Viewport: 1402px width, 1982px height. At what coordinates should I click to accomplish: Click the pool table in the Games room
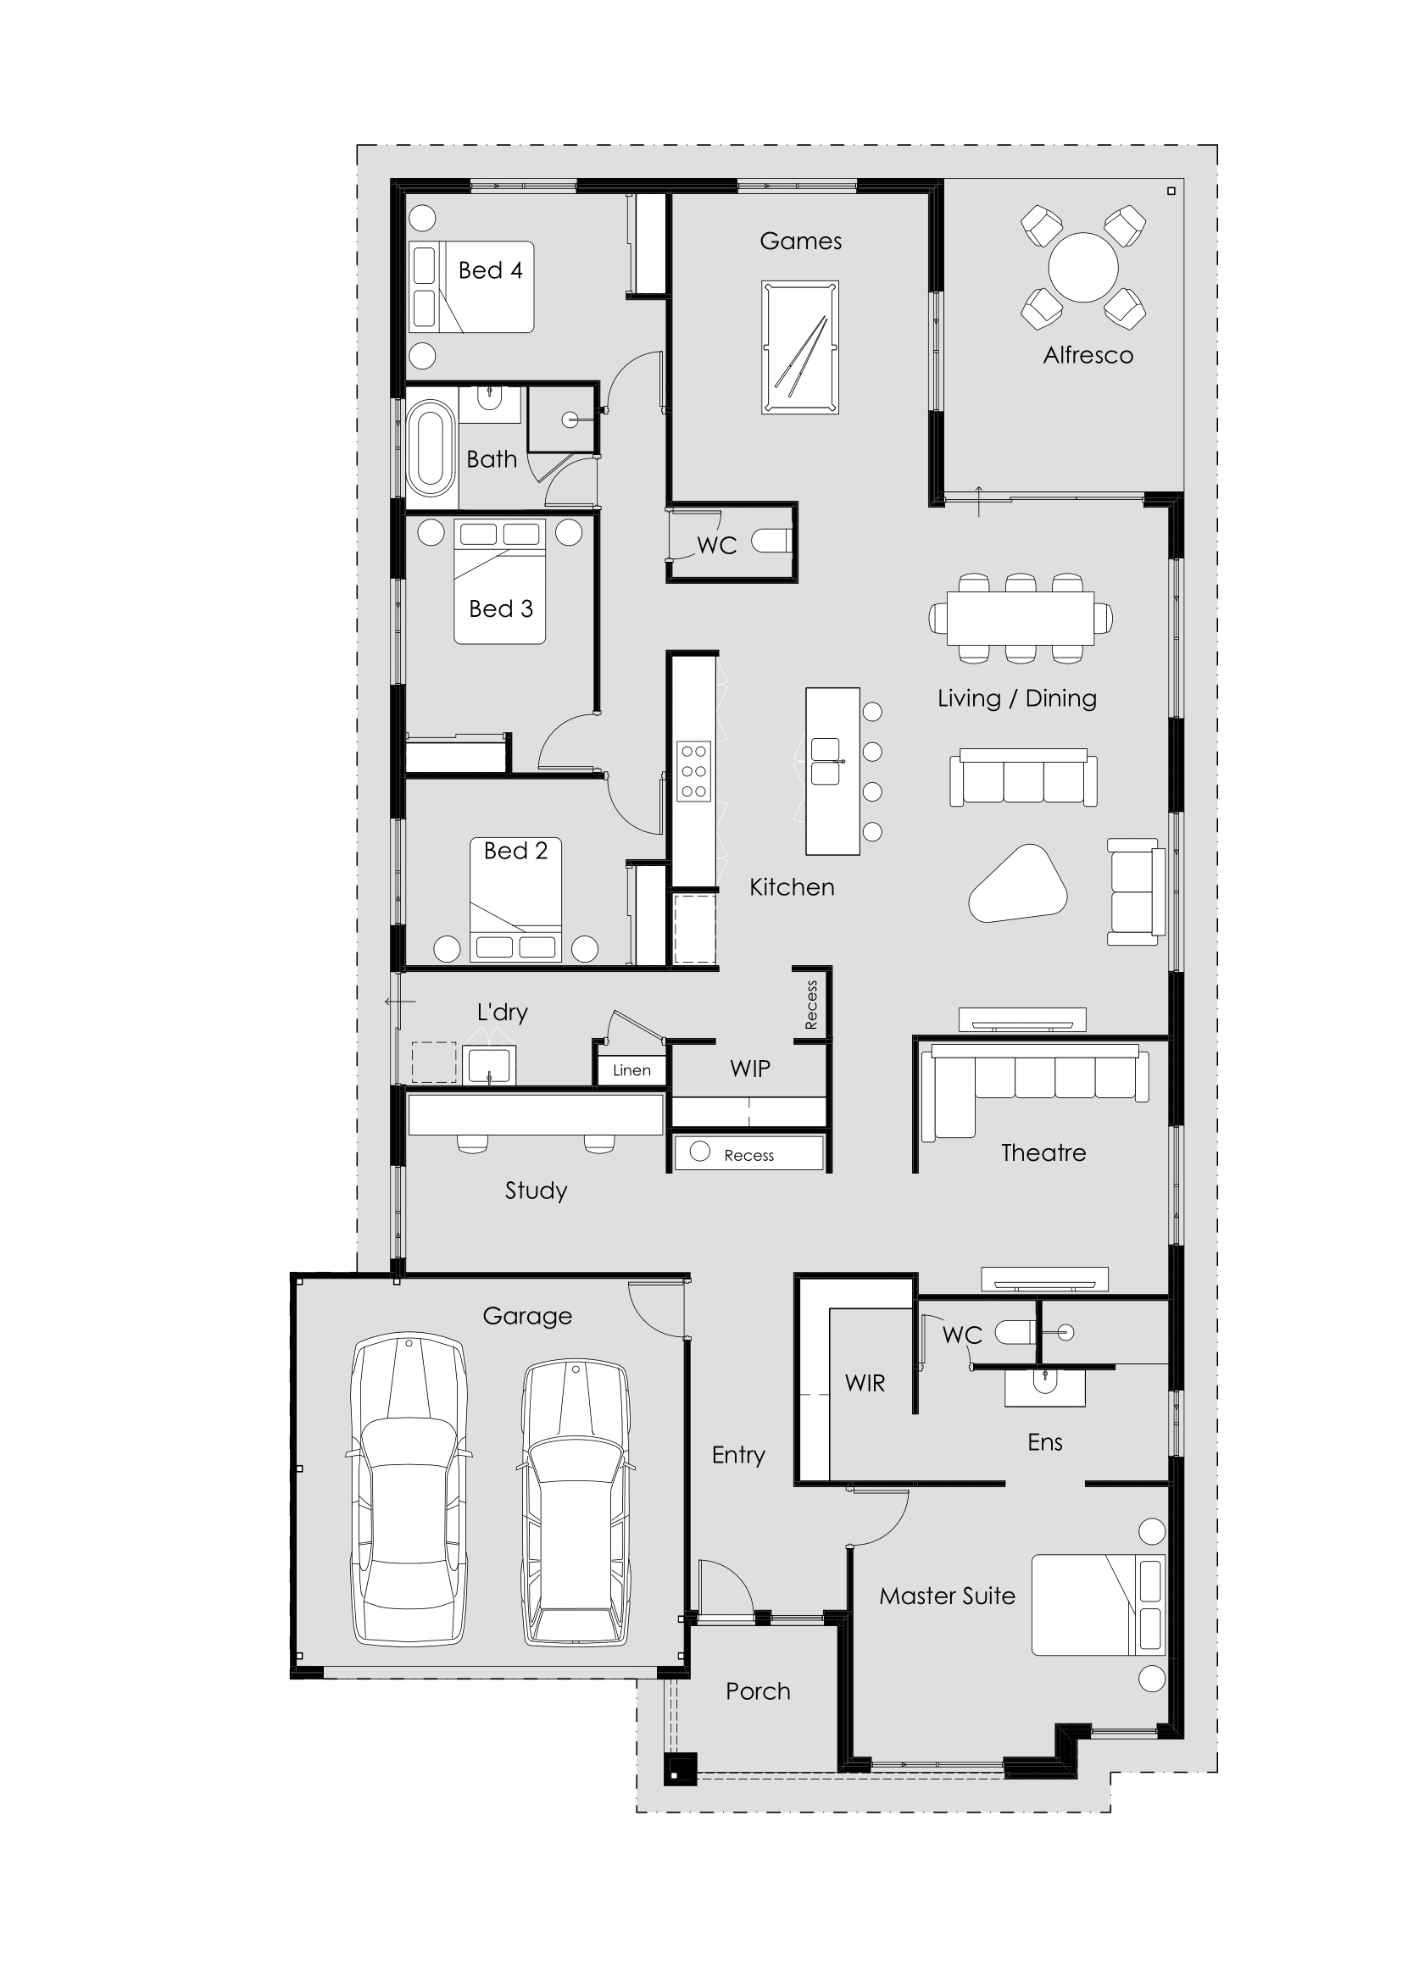(x=799, y=347)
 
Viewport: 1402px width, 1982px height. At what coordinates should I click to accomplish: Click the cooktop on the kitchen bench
(x=693, y=771)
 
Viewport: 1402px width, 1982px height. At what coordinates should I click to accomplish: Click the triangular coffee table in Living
(x=1019, y=886)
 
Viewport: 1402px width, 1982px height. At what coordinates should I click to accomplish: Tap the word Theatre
(x=1043, y=1153)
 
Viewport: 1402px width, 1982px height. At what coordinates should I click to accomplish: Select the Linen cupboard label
(x=631, y=1070)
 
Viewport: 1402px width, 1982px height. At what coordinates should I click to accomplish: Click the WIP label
(x=749, y=1069)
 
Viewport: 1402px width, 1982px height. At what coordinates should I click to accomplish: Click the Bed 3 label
(x=501, y=609)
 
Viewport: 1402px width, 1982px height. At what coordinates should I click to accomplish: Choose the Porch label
(x=757, y=1692)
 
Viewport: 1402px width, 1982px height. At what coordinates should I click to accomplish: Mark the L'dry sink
(x=488, y=1065)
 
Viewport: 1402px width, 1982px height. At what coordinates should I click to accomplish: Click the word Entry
(x=738, y=1455)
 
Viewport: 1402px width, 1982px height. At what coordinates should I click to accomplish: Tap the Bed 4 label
(x=489, y=271)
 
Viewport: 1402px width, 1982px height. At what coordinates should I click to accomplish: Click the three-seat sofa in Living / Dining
(x=1023, y=779)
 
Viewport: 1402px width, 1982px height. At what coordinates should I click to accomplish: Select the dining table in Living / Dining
(x=1020, y=618)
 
